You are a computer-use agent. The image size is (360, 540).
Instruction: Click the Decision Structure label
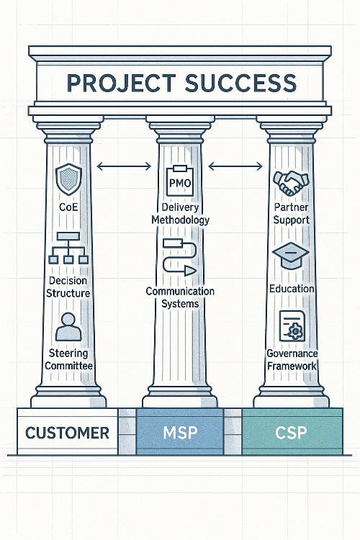tap(68, 286)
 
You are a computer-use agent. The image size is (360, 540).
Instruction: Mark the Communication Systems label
tap(180, 297)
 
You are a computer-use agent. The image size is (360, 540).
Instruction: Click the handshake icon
tap(291, 184)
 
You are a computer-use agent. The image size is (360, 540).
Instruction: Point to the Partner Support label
tap(291, 213)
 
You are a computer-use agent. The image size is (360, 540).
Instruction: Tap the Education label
tap(291, 289)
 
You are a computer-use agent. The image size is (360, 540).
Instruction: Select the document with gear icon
tap(292, 326)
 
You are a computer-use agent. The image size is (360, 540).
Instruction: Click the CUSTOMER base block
tap(67, 433)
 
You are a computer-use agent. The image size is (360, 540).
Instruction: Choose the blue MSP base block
tap(181, 433)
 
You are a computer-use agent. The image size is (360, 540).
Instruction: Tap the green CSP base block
tap(291, 433)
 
